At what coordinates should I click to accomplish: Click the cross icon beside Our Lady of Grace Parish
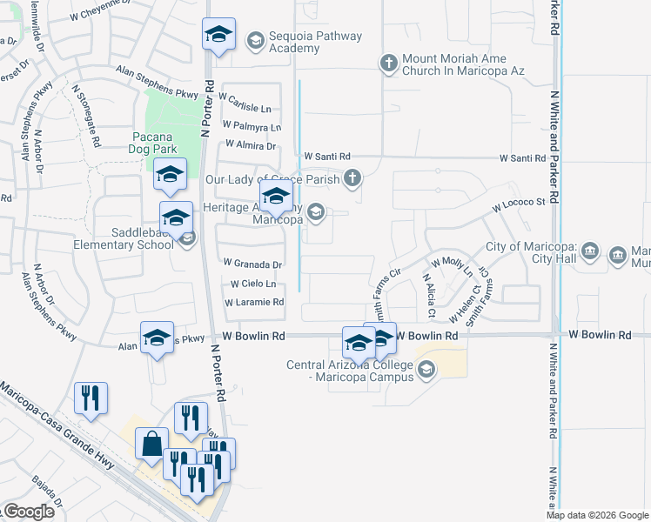click(352, 179)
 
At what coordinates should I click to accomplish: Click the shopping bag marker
click(151, 442)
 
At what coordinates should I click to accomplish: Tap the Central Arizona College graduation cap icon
click(426, 371)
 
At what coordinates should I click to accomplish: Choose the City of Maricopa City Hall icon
click(590, 253)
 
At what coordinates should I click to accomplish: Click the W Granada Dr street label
click(253, 264)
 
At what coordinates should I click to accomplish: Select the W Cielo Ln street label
click(253, 284)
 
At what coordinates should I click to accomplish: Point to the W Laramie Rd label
click(254, 303)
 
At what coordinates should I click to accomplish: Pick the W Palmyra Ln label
click(252, 127)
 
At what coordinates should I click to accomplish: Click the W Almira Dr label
click(251, 145)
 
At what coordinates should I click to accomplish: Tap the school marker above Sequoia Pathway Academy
click(218, 35)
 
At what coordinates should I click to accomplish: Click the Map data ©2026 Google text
click(596, 515)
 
